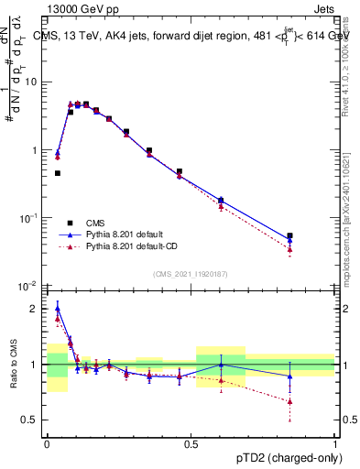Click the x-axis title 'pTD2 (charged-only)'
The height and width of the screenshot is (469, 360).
click(x=283, y=455)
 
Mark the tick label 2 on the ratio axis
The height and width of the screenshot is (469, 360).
click(x=38, y=309)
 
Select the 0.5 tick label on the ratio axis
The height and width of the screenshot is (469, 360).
click(x=33, y=420)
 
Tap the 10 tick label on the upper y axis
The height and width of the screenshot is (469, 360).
click(x=32, y=82)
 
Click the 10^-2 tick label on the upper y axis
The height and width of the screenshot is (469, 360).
click(x=30, y=286)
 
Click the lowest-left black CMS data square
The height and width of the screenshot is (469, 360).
click(x=58, y=173)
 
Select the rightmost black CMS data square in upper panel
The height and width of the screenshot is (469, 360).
click(x=289, y=235)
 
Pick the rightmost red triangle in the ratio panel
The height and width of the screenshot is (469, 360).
click(x=289, y=401)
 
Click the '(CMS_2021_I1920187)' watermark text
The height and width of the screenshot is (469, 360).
click(x=191, y=273)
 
